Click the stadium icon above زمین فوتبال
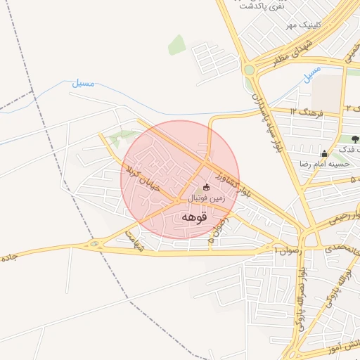(x=206, y=188)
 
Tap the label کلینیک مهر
(x=302, y=25)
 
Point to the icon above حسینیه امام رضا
(x=324, y=153)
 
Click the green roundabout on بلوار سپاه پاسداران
(x=249, y=70)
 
